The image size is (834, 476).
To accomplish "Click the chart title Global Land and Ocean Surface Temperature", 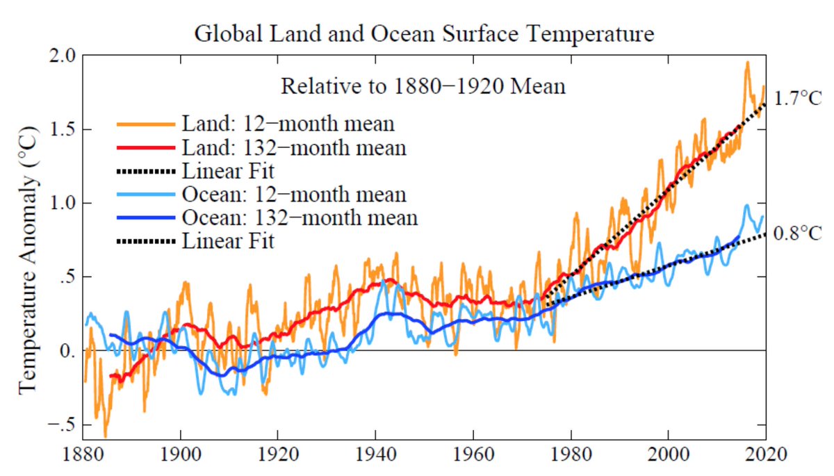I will [x=424, y=33].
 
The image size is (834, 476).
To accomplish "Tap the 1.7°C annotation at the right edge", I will [x=798, y=99].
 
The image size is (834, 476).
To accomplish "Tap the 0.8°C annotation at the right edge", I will [x=798, y=232].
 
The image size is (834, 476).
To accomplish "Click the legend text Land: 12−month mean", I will [x=288, y=124].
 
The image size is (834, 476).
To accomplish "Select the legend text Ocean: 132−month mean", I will [x=300, y=218].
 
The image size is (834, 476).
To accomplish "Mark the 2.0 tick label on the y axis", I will [x=63, y=56].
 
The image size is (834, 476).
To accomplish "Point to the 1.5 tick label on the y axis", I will [x=63, y=129].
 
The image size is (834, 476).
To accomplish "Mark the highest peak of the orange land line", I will [x=747, y=63].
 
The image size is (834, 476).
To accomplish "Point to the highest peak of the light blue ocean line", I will [x=746, y=205].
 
